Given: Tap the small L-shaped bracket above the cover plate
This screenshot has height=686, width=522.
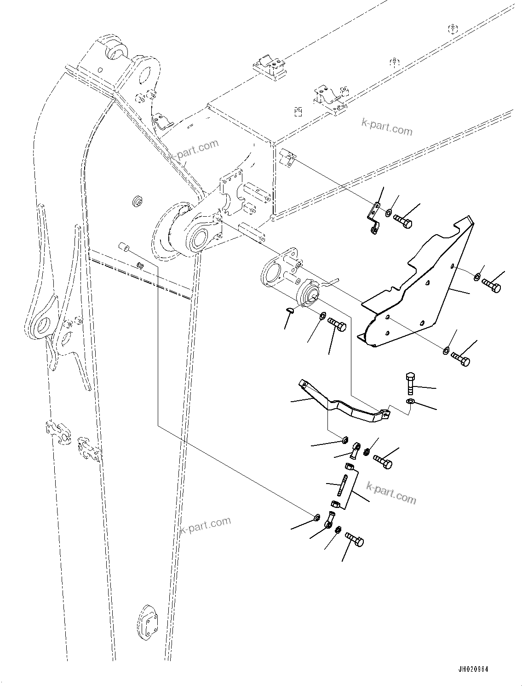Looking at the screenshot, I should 375,216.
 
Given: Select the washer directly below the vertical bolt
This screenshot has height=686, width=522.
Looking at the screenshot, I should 410,403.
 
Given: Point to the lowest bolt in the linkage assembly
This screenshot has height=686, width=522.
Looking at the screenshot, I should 354,539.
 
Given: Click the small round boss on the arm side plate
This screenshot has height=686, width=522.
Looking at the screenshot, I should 137,201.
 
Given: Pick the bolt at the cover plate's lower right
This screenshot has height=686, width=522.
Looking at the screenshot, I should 460,359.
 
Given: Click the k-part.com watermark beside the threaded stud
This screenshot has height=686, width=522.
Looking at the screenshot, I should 391,492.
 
